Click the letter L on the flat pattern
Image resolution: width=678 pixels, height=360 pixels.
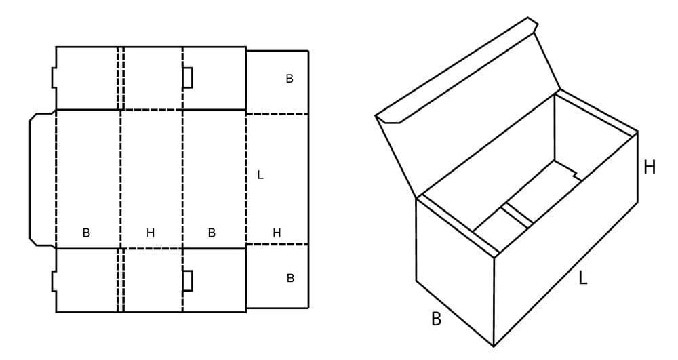tap(260, 175)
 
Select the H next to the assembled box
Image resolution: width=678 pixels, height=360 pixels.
tap(649, 167)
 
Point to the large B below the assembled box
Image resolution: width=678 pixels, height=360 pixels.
tap(436, 319)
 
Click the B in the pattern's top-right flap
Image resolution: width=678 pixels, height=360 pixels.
tap(290, 79)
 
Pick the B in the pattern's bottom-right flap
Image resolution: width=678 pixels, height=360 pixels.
tap(291, 278)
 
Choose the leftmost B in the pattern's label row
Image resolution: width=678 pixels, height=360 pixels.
tap(86, 233)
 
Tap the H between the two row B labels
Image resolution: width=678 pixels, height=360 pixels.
tap(150, 233)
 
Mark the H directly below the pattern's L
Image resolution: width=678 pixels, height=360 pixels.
tap(277, 233)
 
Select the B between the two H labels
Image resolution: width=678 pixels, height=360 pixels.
tap(212, 233)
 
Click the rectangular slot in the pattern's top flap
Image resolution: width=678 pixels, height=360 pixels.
tap(187, 78)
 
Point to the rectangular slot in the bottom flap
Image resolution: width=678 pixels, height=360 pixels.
tap(187, 281)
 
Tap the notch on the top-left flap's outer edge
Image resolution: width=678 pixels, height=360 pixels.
tap(54, 78)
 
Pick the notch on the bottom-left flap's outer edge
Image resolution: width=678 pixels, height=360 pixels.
tap(54, 281)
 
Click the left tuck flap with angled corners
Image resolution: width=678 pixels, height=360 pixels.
tap(42, 180)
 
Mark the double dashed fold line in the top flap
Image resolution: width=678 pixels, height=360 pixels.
tap(121, 78)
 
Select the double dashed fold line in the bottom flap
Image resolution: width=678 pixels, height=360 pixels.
tap(121, 280)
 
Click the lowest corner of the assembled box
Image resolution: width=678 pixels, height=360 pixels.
tap(494, 346)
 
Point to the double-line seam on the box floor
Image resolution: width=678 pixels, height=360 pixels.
tap(517, 216)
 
